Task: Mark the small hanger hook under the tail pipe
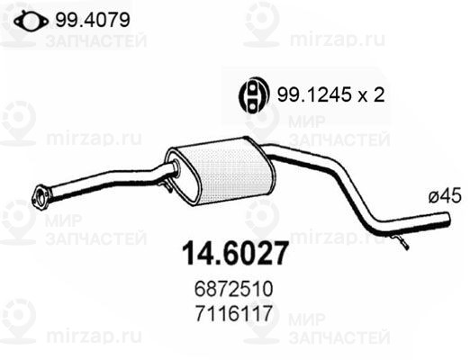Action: coord(401,241)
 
